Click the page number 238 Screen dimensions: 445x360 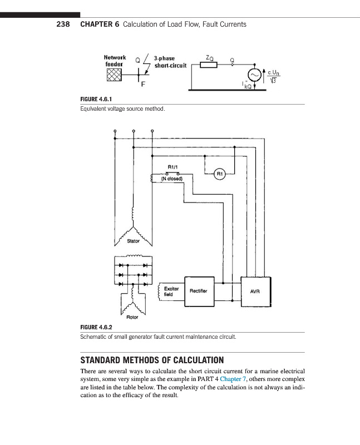(62, 24)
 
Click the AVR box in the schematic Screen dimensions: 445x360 (255, 290)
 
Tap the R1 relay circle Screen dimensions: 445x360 (220, 174)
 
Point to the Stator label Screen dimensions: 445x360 (134, 241)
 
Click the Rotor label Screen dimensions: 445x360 (132, 317)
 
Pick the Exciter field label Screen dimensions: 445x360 (171, 291)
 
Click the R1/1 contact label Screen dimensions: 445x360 (172, 167)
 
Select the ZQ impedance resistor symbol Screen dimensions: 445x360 (208, 65)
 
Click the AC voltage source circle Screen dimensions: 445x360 (255, 75)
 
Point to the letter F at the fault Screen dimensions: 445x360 (144, 85)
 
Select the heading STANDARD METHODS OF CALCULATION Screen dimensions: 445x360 (153, 359)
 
